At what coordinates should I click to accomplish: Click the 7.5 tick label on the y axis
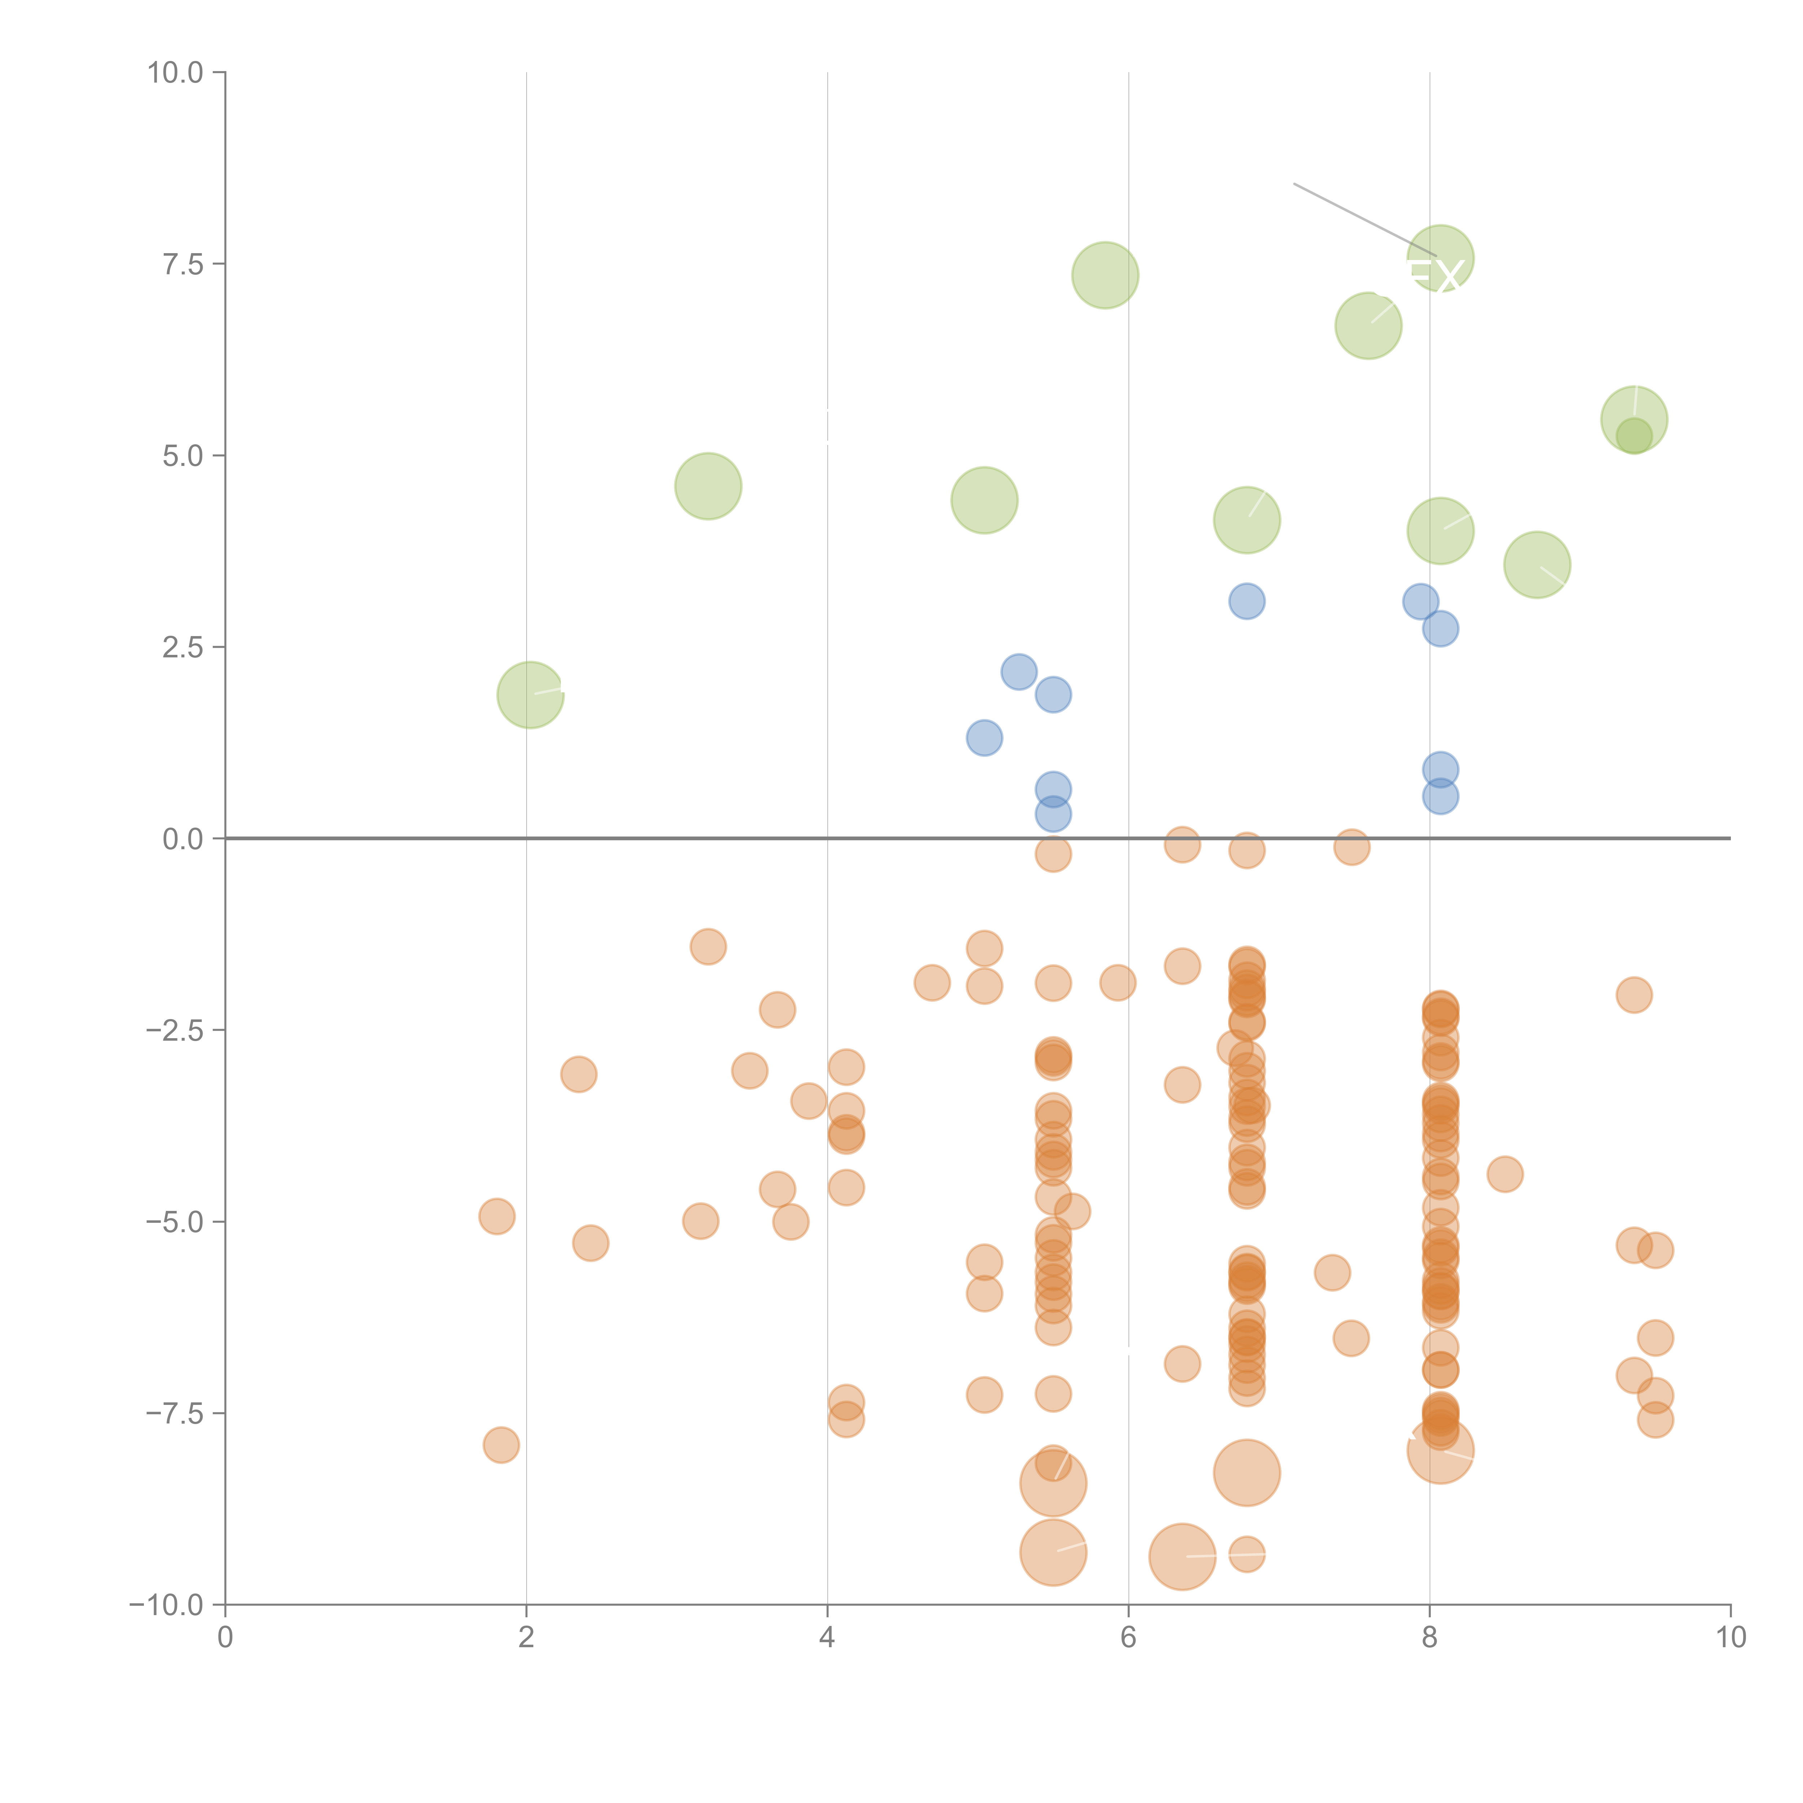pos(183,264)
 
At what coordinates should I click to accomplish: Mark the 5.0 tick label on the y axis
pos(183,455)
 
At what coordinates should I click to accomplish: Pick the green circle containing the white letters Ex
pos(1440,259)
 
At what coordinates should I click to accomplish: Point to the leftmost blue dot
pos(984,738)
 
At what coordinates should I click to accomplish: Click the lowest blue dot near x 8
pos(1440,797)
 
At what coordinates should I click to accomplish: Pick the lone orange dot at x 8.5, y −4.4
pos(1504,1174)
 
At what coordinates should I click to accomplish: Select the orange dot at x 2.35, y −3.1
pos(579,1074)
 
